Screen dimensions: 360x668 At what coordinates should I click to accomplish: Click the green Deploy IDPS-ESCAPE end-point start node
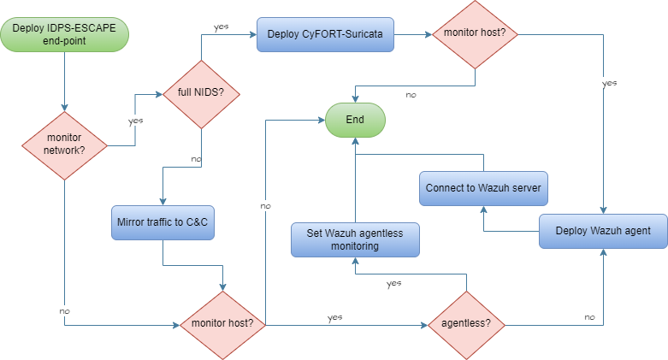[65, 36]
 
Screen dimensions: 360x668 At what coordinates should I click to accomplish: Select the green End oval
[355, 120]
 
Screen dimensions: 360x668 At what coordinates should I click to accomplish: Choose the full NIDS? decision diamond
[200, 92]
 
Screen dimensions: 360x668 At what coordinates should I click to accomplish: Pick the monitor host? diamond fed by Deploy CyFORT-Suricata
[475, 35]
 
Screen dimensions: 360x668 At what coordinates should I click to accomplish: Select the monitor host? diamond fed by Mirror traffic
[223, 324]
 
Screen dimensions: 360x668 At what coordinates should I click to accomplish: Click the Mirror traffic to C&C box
[162, 221]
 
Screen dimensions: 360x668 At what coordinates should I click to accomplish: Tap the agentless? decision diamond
[466, 324]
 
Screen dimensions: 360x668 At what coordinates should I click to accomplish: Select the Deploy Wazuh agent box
[603, 230]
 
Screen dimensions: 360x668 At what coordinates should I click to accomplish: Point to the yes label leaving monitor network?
[135, 121]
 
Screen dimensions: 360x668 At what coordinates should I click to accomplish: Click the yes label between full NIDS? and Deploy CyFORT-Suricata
[221, 27]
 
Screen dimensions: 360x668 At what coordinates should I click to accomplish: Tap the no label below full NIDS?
[196, 158]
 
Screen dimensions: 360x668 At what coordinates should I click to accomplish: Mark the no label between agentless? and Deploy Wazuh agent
[589, 316]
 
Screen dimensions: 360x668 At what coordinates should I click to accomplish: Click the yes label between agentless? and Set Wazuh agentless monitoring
[394, 282]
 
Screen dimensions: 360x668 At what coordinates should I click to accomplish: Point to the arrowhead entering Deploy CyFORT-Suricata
[253, 35]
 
